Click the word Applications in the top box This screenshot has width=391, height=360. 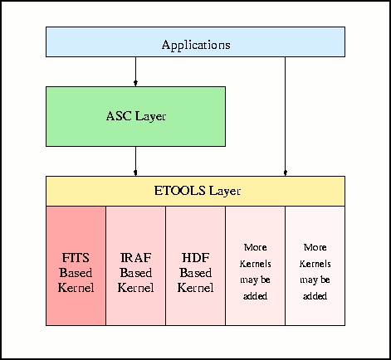(196, 45)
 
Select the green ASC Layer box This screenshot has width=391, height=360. (135, 116)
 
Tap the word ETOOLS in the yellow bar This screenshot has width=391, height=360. (180, 191)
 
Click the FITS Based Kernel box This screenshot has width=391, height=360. (76, 265)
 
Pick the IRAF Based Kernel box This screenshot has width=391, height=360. (135, 265)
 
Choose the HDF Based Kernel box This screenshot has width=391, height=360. (195, 265)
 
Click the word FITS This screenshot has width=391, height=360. (76, 258)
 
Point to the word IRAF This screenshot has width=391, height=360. (135, 258)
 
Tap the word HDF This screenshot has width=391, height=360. (195, 258)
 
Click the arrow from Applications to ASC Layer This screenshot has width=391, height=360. (135, 71)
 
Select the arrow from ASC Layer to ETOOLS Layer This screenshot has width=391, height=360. (135, 161)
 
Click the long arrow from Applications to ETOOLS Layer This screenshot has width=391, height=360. (286, 116)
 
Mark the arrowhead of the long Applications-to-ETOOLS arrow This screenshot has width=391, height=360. (286, 173)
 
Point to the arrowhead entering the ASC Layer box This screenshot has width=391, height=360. (135, 84)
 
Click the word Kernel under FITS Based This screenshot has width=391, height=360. (76, 288)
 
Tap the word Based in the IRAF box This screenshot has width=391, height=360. (136, 273)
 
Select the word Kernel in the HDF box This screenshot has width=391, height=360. (195, 288)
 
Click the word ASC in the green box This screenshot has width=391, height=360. (119, 116)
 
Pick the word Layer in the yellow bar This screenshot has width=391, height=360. (225, 192)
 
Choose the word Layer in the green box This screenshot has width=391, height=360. (151, 117)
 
